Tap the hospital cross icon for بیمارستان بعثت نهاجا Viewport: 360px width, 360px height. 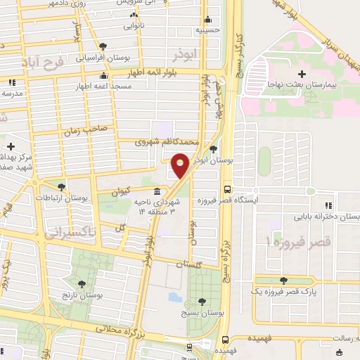302,74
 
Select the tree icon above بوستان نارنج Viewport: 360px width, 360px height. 82,284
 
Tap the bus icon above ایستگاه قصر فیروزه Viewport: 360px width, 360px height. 226,189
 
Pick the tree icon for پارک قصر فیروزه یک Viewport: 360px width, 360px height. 283,281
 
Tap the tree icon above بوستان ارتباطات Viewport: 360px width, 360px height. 61,187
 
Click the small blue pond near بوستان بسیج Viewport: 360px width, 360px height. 175,297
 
